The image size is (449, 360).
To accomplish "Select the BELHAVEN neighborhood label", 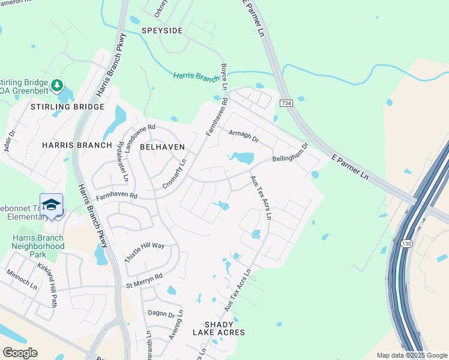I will click(162, 146).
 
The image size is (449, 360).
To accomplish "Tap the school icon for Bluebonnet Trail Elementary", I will click(52, 205).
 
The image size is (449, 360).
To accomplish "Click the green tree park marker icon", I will click(57, 85).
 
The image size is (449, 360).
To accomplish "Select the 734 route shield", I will click(286, 104).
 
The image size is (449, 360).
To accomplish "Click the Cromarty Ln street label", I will click(175, 175).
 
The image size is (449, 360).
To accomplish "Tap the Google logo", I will click(20, 352).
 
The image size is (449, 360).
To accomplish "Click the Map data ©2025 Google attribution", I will click(411, 355).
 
